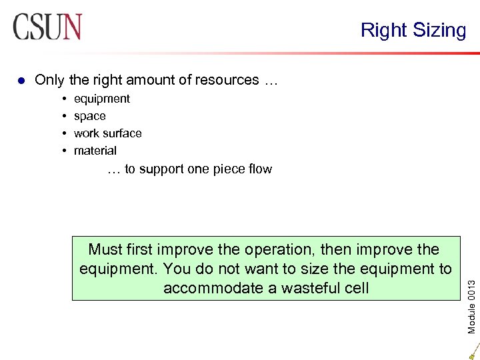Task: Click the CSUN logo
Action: [x=47, y=27]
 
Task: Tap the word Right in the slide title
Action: [x=383, y=30]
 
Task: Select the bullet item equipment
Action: [x=102, y=99]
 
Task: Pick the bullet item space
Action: [x=90, y=116]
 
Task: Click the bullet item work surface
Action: [x=108, y=133]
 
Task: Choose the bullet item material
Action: [x=95, y=151]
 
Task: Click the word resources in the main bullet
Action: [x=227, y=80]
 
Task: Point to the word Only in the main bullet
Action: [x=49, y=80]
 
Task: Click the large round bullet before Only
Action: [x=21, y=81]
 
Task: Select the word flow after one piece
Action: [x=259, y=169]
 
